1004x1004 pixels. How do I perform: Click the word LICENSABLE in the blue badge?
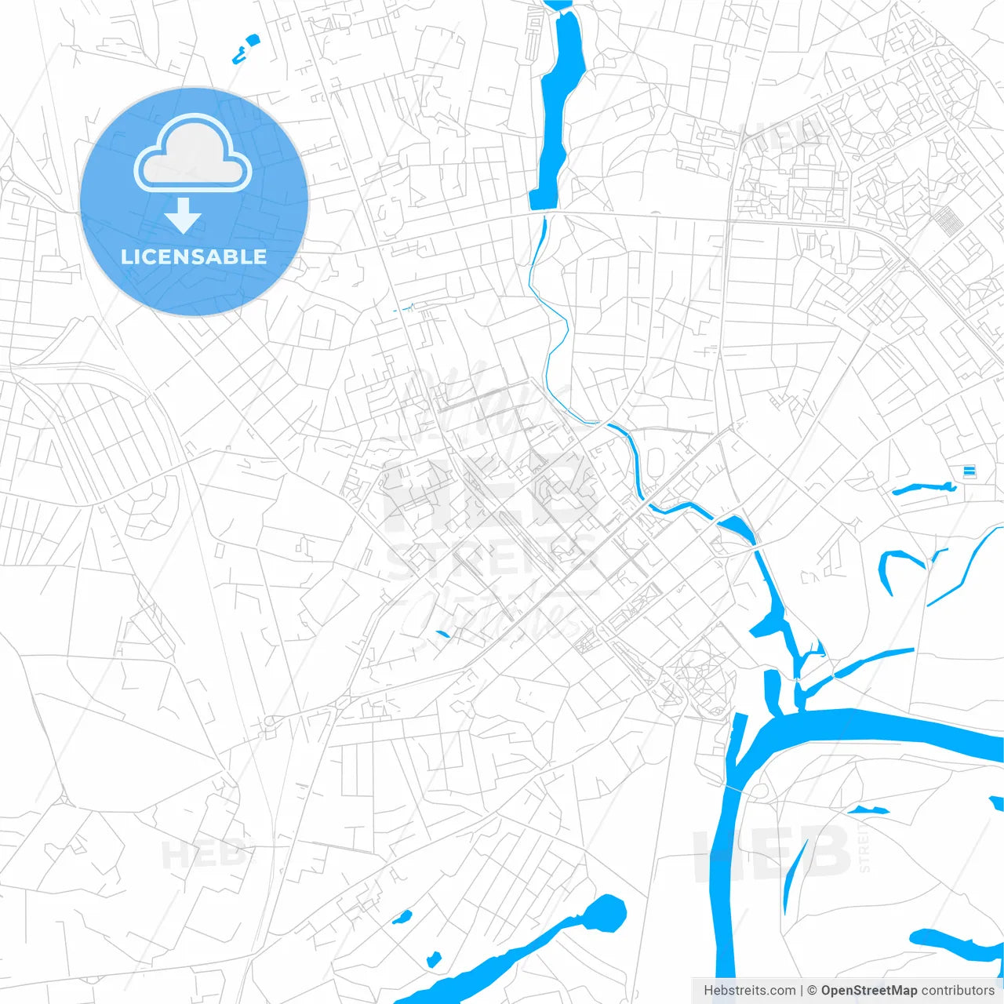194,256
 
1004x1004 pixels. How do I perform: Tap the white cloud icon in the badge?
193,155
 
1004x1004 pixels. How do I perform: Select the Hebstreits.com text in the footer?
749,991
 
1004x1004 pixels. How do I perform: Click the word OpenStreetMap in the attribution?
868,991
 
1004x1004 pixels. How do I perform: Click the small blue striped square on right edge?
969,471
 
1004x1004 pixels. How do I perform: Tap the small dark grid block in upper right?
948,221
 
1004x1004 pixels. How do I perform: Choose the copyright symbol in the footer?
812,991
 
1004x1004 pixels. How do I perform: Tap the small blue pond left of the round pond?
402,916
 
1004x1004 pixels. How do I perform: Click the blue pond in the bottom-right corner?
953,945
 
